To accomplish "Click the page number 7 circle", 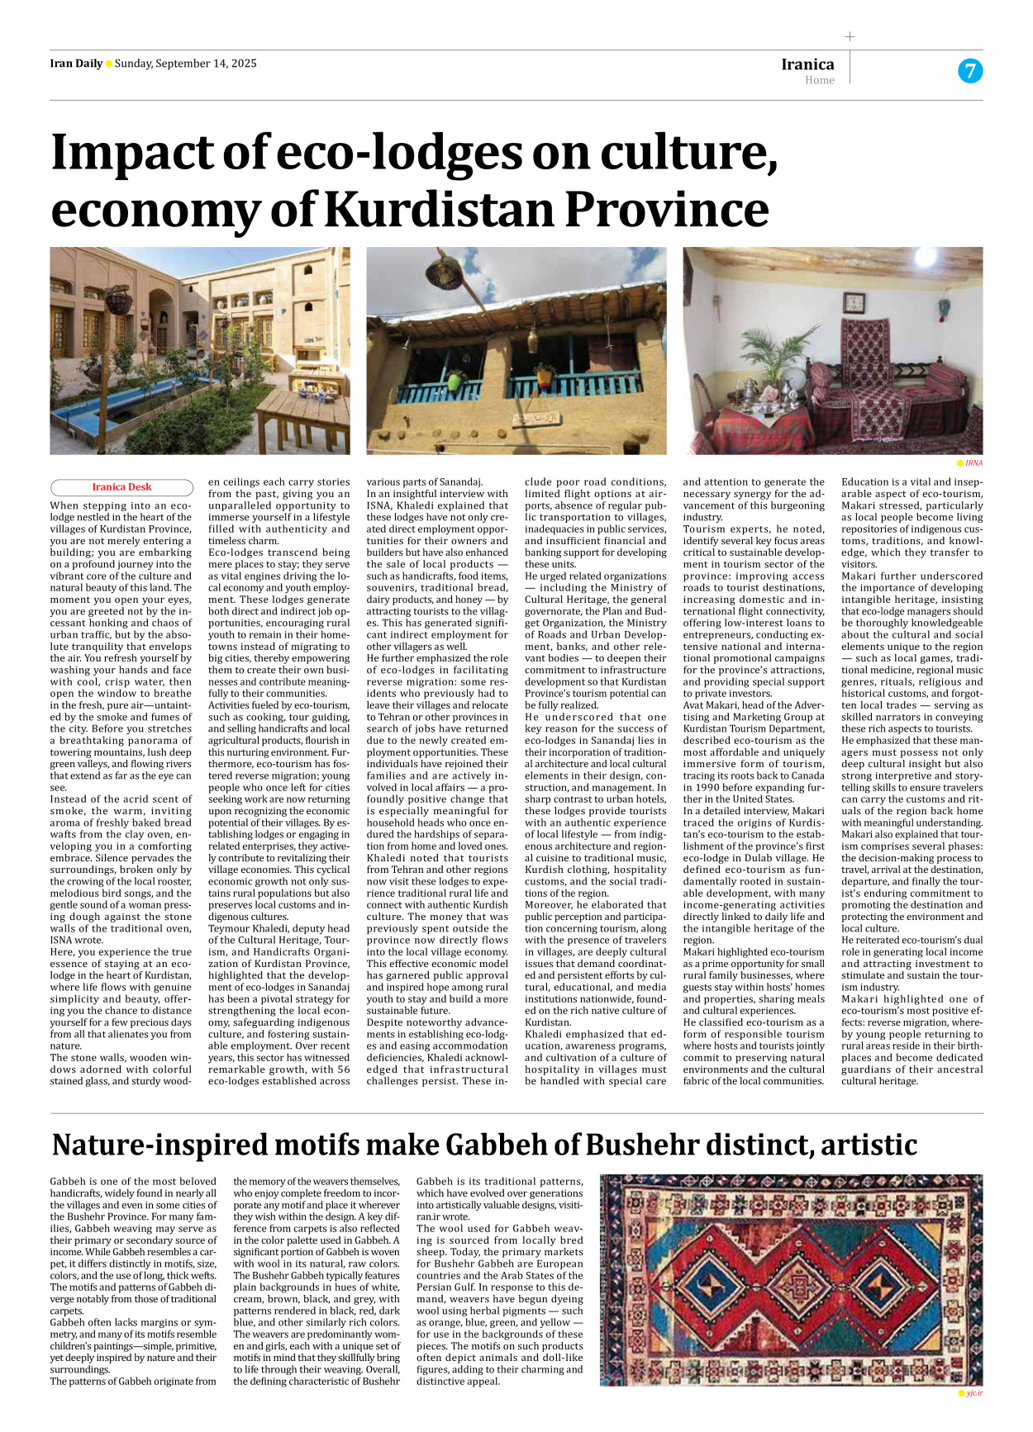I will point(969,71).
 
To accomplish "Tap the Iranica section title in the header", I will point(807,64).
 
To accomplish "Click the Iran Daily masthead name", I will point(76,64).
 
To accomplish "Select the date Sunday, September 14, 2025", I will point(185,64).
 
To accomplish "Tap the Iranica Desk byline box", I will point(121,487).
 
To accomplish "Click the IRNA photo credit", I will point(973,463).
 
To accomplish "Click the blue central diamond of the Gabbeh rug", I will point(712,1282).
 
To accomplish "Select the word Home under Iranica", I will point(819,80).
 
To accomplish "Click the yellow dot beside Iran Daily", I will point(109,64).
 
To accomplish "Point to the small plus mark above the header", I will point(850,36).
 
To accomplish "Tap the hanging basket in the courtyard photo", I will point(118,301).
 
